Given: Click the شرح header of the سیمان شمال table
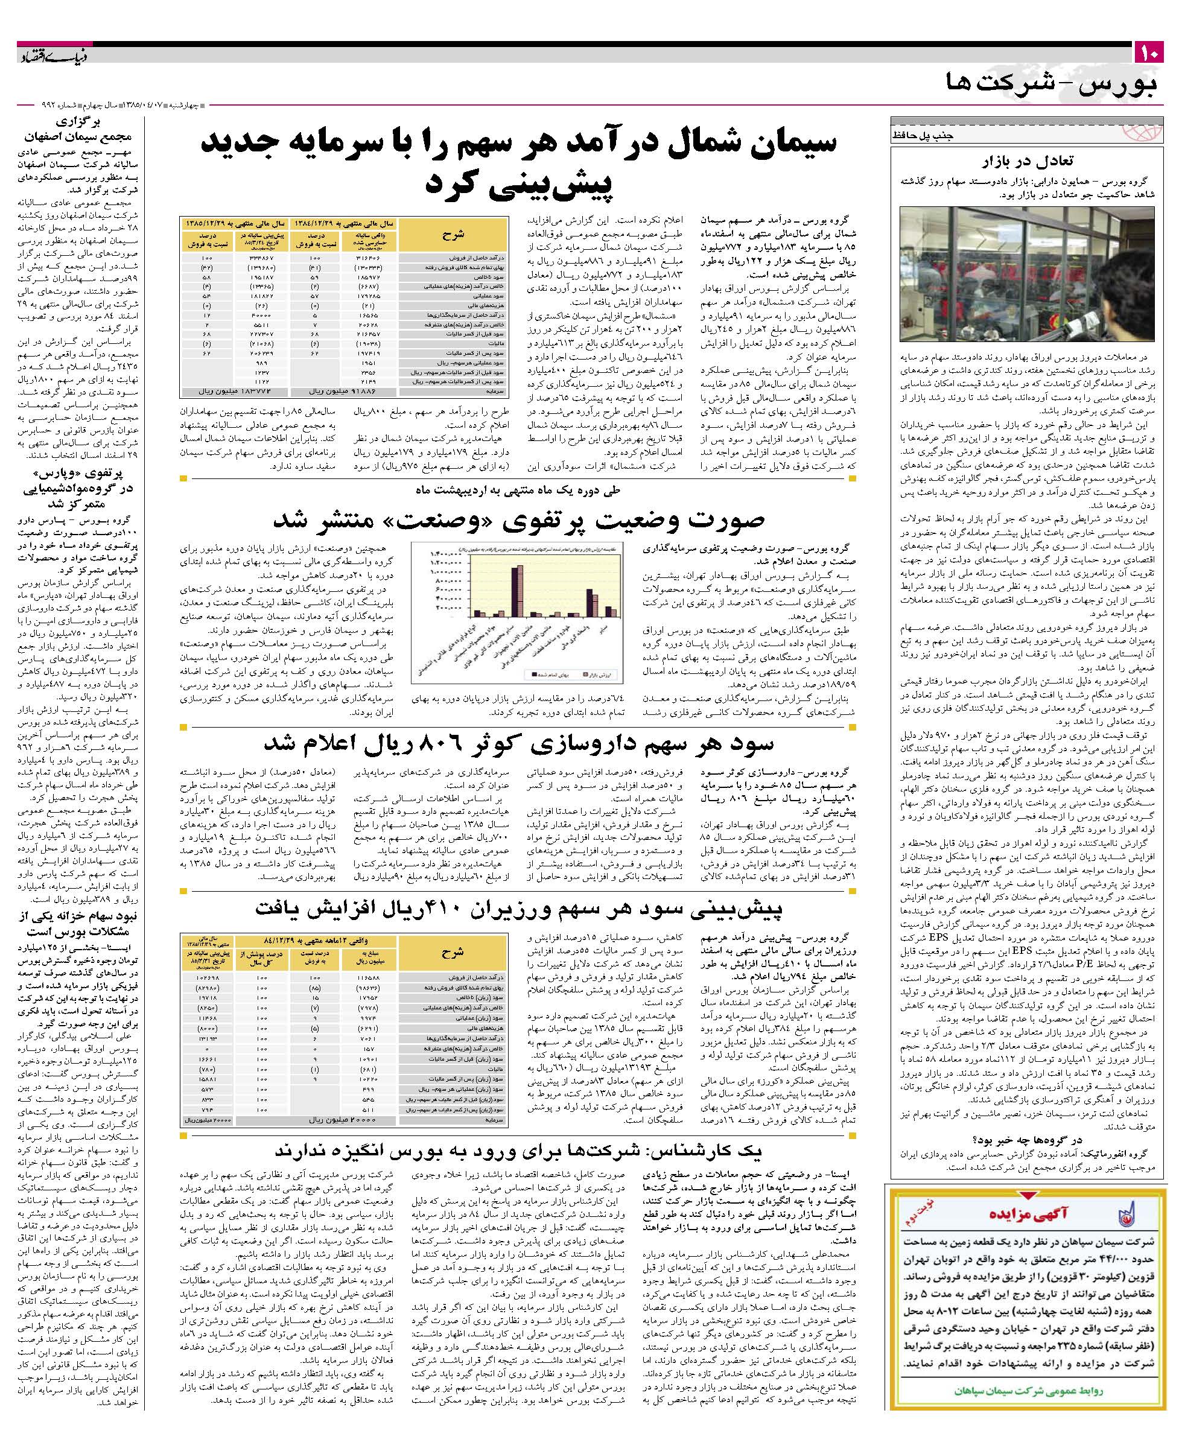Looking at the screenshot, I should tap(453, 234).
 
